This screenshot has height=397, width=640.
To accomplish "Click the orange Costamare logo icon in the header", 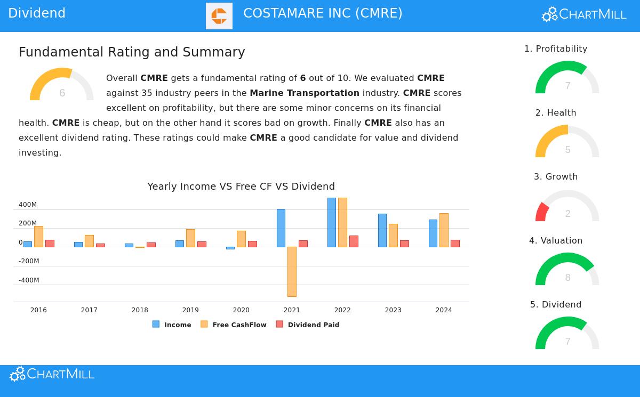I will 219,16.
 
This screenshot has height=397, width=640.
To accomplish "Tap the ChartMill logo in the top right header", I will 584,14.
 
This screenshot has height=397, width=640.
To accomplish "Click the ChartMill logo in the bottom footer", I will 52,374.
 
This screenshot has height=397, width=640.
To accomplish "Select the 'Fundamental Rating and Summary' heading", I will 132,52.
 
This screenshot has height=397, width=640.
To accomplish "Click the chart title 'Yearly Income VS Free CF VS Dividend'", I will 241,187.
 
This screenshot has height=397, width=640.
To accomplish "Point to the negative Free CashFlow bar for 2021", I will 292,271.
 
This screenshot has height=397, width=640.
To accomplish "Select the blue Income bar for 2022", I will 332,222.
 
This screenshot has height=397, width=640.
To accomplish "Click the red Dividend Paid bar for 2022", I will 354,241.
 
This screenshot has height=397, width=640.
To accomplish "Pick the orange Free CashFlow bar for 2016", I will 38,237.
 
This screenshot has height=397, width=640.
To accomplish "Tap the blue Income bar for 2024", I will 433,233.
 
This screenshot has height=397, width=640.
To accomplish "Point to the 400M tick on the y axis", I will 28,205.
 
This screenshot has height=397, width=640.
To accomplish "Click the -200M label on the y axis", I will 29,261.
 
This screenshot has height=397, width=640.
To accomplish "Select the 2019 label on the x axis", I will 190,310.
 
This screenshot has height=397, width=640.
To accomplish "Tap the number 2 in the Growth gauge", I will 568,214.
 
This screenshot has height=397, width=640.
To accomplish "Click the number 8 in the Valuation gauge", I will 568,278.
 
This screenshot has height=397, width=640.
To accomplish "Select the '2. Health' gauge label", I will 556,112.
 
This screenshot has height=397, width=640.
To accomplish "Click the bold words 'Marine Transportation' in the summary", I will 305,93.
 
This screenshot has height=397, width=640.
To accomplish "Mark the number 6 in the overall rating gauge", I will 62,93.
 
